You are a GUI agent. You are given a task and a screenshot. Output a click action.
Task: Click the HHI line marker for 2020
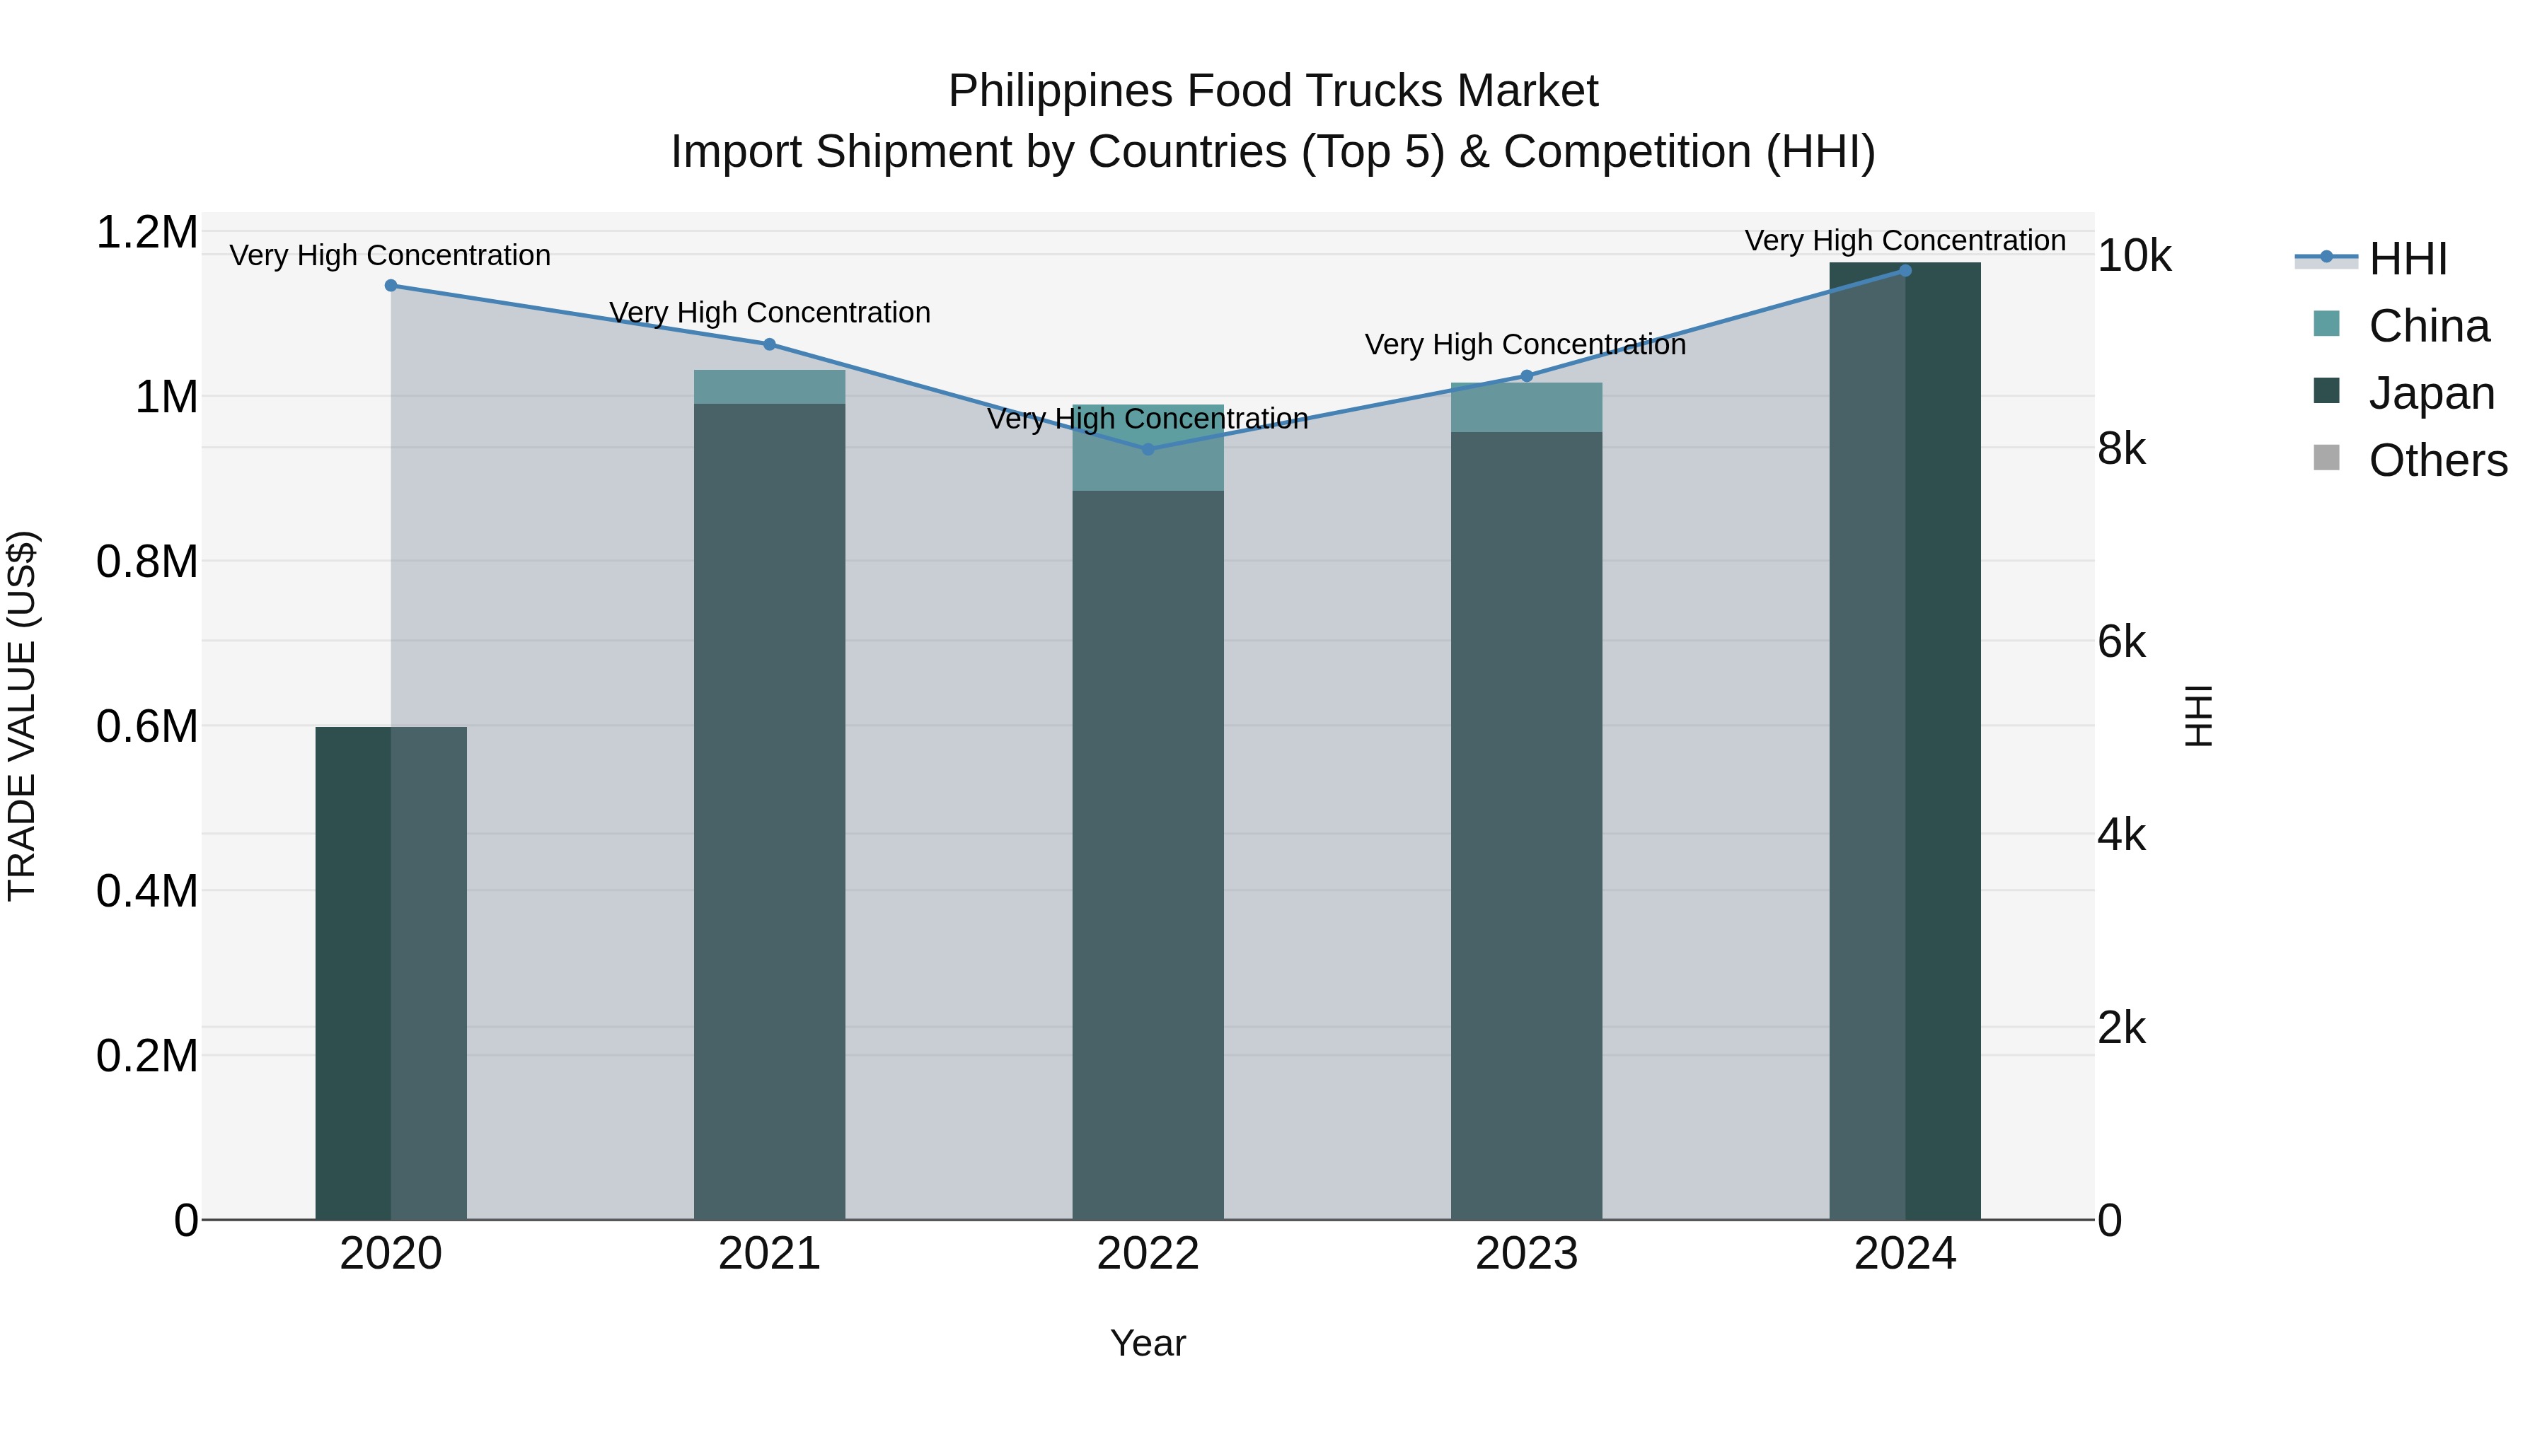coord(391,286)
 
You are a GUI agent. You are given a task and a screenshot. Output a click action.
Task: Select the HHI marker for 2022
coord(1148,450)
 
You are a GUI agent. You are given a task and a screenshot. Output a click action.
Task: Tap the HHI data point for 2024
coord(1905,271)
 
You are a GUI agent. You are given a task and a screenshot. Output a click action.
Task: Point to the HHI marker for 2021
coord(769,344)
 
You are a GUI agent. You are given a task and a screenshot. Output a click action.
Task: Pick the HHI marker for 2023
coord(1527,376)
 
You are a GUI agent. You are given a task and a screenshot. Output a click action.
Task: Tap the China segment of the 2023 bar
coord(1527,407)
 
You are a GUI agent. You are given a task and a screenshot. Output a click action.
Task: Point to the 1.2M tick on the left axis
coord(146,233)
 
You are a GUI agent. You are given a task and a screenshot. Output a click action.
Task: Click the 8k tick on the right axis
coord(2121,450)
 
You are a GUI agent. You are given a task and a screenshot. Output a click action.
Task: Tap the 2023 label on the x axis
coord(1527,1254)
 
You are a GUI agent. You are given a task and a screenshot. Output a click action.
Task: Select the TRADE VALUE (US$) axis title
coord(22,716)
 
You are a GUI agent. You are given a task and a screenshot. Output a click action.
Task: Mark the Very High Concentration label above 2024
coord(1905,241)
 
